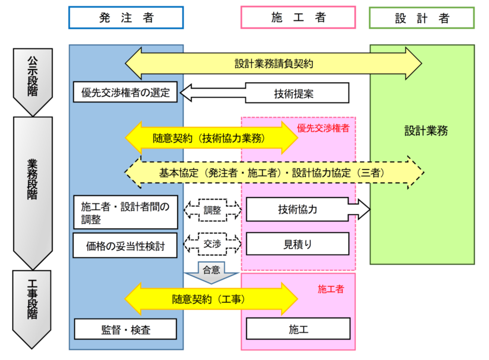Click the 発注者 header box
126,18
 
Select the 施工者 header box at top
298,18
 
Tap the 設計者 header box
422,18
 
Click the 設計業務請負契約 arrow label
273,64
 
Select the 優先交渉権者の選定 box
125,92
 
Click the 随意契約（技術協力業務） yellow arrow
211,138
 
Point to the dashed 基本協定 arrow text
273,172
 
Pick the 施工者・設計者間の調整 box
125,213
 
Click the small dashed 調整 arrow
212,210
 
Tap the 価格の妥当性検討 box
125,246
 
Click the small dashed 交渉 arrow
212,244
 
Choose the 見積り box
298,244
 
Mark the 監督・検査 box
125,329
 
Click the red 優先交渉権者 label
323,128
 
